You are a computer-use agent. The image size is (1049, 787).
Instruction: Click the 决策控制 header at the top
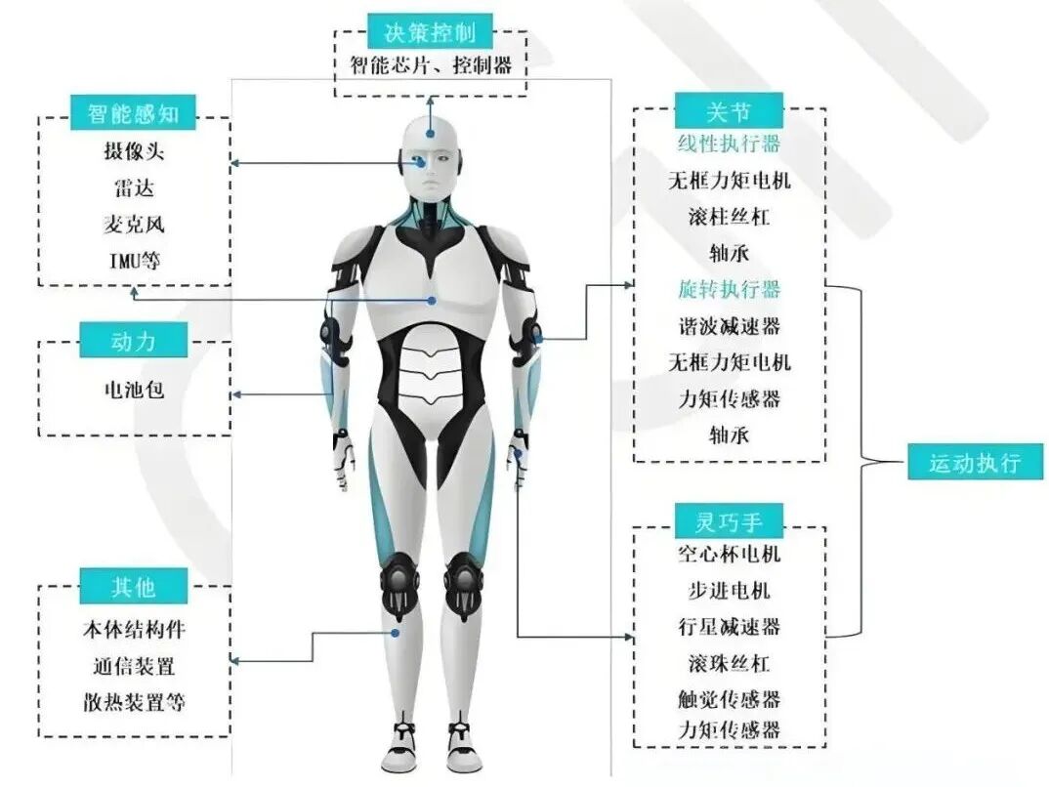coord(430,31)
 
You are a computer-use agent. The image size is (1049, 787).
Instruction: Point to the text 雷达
coord(133,187)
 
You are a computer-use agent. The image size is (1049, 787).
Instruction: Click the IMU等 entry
coord(134,261)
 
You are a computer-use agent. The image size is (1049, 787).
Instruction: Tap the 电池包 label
coord(134,390)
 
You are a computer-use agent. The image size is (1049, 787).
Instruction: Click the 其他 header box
coord(133,586)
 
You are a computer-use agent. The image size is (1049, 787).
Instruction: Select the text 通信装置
coord(134,666)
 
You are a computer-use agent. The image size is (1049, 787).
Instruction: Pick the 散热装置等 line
coord(134,702)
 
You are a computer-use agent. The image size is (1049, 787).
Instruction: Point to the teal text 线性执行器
coord(730,144)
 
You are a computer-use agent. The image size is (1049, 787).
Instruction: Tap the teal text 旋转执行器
coord(730,289)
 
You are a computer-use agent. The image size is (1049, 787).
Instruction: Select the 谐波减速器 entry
coord(730,325)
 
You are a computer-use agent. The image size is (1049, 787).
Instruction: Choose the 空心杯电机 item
coord(730,555)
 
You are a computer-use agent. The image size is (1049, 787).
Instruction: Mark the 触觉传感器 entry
coord(730,699)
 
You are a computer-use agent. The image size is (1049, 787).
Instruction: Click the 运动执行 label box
coord(973,462)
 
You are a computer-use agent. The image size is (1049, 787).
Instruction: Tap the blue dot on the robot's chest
coord(432,301)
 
